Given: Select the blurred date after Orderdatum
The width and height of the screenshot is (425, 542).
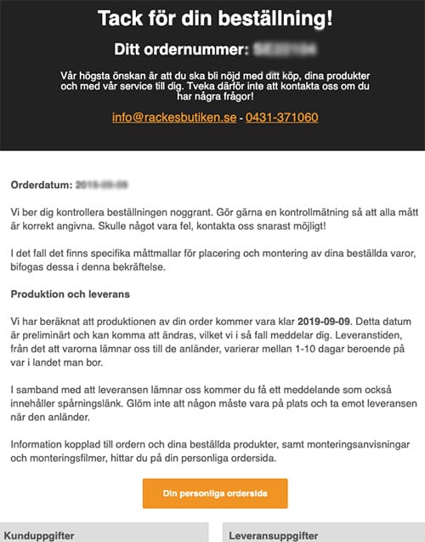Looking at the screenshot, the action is [101, 184].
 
